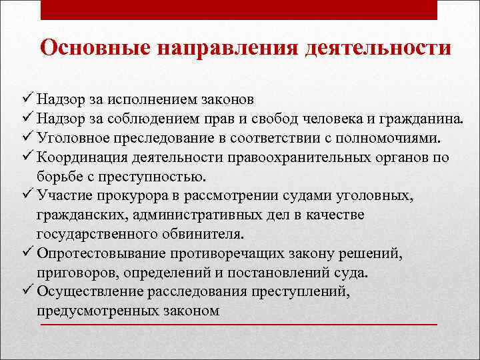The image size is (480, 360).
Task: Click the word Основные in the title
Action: pos(93,49)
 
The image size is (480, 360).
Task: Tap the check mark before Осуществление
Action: pos(27,291)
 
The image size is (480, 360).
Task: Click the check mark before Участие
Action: pos(27,196)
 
